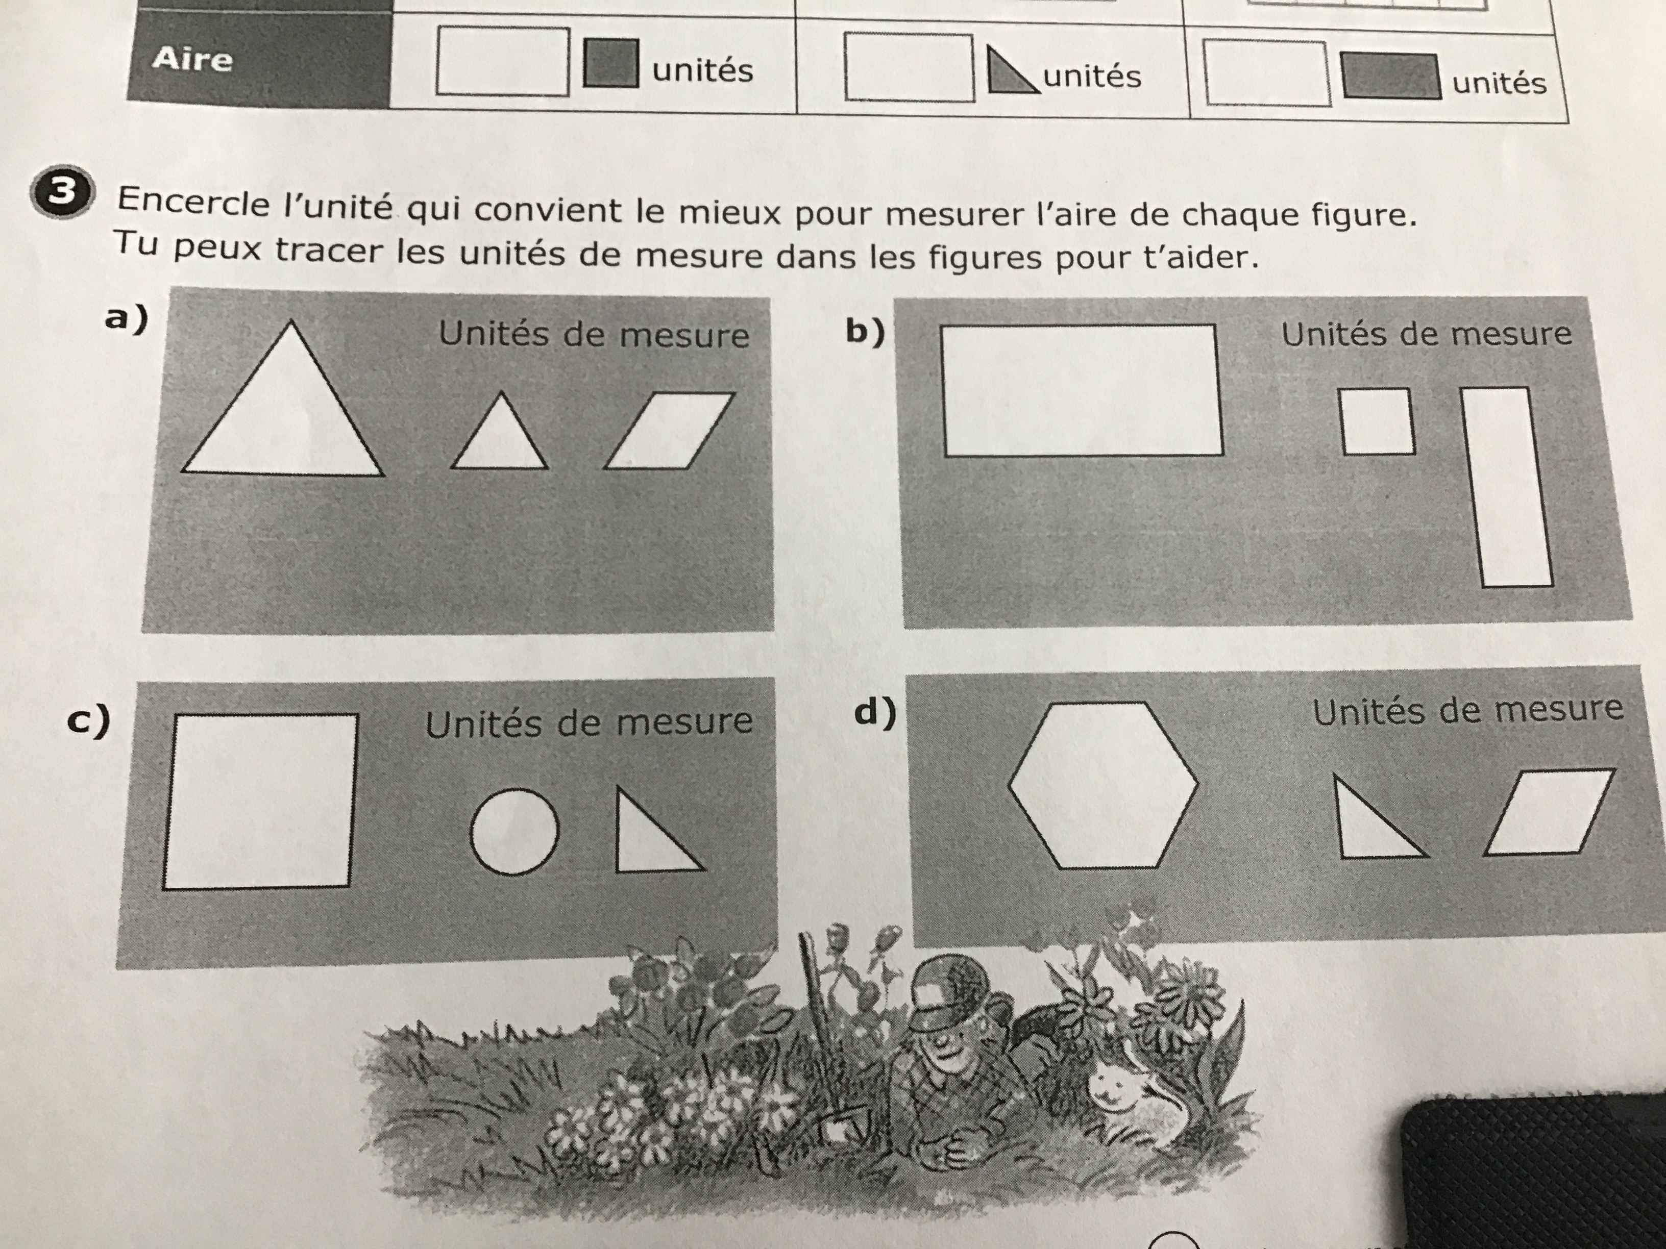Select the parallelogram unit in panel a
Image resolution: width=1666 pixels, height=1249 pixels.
[x=669, y=430]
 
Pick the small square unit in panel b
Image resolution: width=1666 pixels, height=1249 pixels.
[x=1378, y=421]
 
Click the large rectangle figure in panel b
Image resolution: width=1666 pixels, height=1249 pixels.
[x=1082, y=390]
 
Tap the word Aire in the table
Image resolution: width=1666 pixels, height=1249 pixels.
[x=193, y=59]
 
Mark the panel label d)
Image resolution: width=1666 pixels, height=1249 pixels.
[x=874, y=711]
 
